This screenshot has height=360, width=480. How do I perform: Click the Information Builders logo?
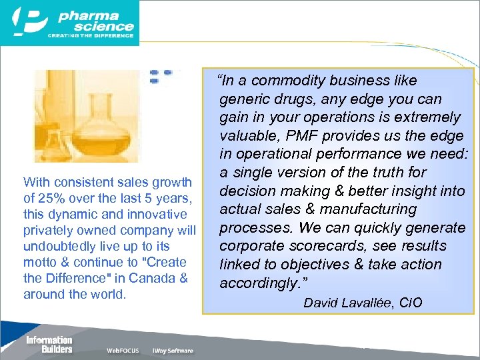pyautogui.click(x=49, y=344)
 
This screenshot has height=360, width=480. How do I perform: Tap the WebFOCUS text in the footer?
pyautogui.click(x=123, y=351)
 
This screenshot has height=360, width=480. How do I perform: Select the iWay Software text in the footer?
pyautogui.click(x=173, y=351)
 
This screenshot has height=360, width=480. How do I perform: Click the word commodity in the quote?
pyautogui.click(x=291, y=81)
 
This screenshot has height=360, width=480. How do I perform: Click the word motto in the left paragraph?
pyautogui.click(x=39, y=262)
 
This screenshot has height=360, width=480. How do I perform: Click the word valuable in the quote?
pyautogui.click(x=247, y=136)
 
